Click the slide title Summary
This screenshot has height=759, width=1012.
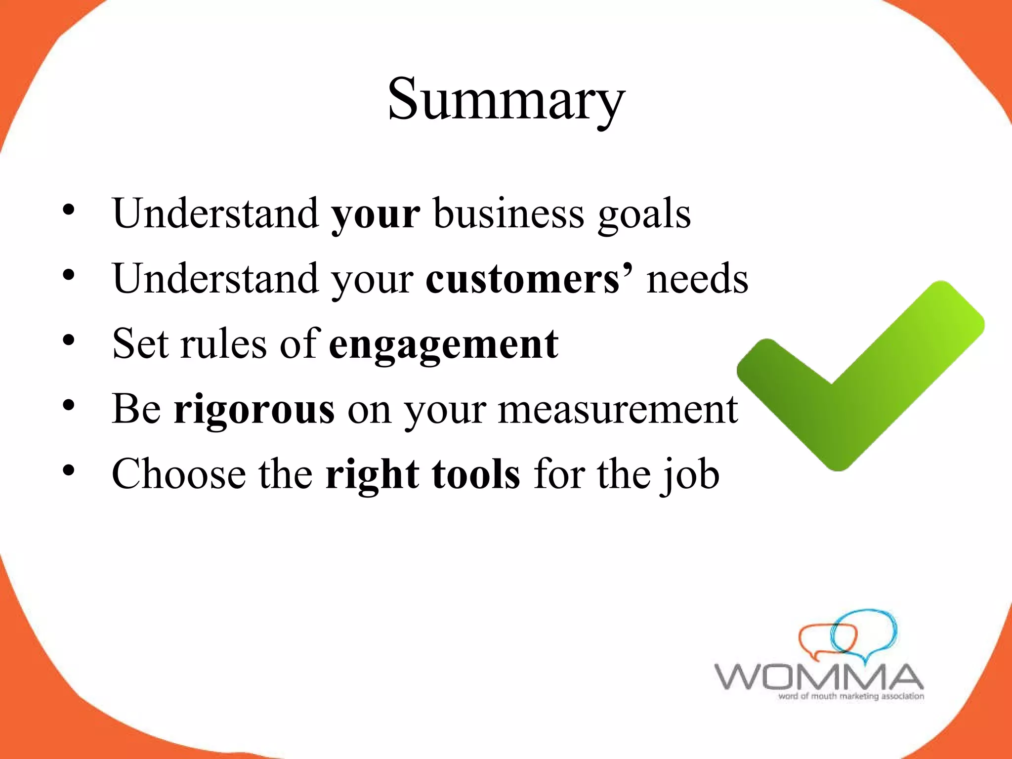pos(506,100)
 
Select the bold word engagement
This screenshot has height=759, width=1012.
pos(443,344)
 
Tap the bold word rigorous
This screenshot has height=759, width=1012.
pos(254,409)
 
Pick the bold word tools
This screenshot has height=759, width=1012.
pos(476,474)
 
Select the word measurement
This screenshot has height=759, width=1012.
pos(618,410)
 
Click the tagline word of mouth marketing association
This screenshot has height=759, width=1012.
pos(851,696)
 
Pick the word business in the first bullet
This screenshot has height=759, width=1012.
pos(509,213)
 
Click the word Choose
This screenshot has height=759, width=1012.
pos(179,474)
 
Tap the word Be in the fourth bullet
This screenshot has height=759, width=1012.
pos(136,409)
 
